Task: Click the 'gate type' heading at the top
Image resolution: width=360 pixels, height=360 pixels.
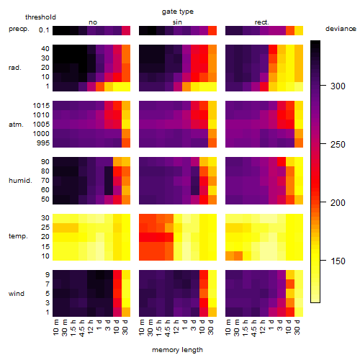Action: pyautogui.click(x=178, y=12)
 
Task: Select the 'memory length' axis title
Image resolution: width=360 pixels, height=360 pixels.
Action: pyautogui.click(x=177, y=350)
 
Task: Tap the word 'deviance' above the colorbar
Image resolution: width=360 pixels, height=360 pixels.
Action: pyautogui.click(x=341, y=29)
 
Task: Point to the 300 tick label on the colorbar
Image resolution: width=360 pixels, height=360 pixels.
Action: pyautogui.click(x=338, y=86)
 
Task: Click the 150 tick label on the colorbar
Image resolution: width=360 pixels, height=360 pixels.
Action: pyautogui.click(x=338, y=261)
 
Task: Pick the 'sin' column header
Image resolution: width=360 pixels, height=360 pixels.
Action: pyautogui.click(x=177, y=22)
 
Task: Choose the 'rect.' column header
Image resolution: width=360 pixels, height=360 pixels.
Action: pyautogui.click(x=261, y=22)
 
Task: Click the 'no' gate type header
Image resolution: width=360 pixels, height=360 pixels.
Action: pyautogui.click(x=93, y=22)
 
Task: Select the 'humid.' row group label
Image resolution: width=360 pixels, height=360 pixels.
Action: pyautogui.click(x=20, y=181)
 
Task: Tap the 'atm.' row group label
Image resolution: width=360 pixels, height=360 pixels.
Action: pyautogui.click(x=16, y=125)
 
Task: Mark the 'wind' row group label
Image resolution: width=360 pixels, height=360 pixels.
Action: pyautogui.click(x=17, y=294)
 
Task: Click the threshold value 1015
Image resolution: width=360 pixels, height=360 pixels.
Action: pyautogui.click(x=41, y=106)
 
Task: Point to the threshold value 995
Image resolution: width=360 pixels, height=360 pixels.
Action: pyautogui.click(x=43, y=143)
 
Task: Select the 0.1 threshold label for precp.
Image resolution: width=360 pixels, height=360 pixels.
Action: pyautogui.click(x=44, y=30)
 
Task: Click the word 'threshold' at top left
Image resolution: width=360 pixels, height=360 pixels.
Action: pyautogui.click(x=40, y=17)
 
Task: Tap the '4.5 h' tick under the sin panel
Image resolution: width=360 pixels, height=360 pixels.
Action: pyautogui.click(x=168, y=328)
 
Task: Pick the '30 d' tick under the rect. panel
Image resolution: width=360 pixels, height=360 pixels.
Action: pyautogui.click(x=297, y=327)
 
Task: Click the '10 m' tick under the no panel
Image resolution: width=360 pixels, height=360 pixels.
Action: pyautogui.click(x=55, y=327)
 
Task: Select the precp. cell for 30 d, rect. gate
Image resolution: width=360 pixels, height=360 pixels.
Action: pyautogui.click(x=299, y=30)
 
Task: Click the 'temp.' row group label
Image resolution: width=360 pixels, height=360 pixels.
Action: pyautogui.click(x=18, y=236)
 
